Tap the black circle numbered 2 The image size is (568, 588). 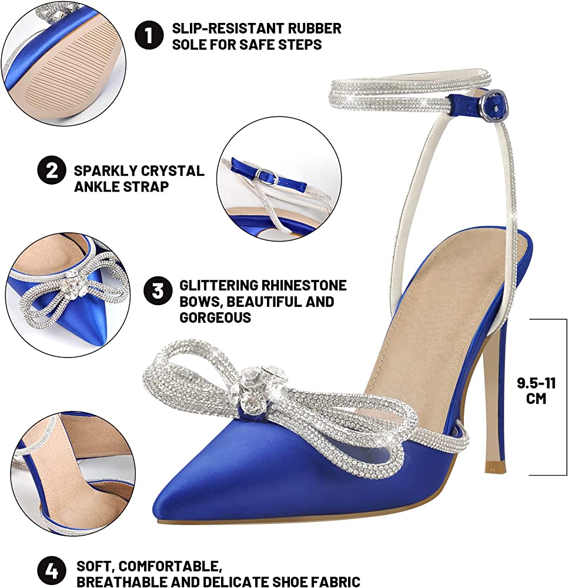click(52, 171)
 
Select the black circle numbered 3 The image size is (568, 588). click(158, 291)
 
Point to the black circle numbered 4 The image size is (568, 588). click(52, 570)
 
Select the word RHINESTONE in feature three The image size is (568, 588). click(303, 285)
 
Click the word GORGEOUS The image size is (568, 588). click(215, 318)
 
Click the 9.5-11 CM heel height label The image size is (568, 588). click(536, 390)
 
